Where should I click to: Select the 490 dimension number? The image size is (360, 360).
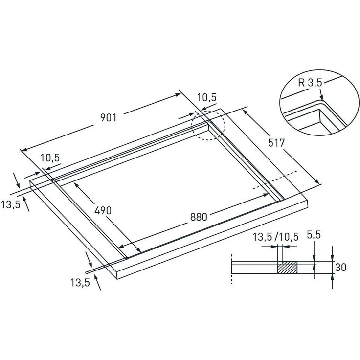click(x=103, y=211)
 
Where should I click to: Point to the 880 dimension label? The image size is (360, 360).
click(x=199, y=217)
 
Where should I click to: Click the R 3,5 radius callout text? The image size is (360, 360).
click(x=310, y=83)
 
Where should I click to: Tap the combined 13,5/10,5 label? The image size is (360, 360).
click(x=276, y=237)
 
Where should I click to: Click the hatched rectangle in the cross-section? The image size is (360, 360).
click(x=288, y=268)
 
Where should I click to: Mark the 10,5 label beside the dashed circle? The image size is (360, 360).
click(x=206, y=97)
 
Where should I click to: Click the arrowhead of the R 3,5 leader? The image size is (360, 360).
click(x=322, y=101)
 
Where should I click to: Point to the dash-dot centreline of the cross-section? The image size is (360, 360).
click(x=230, y=274)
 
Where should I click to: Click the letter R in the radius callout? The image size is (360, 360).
click(x=300, y=83)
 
